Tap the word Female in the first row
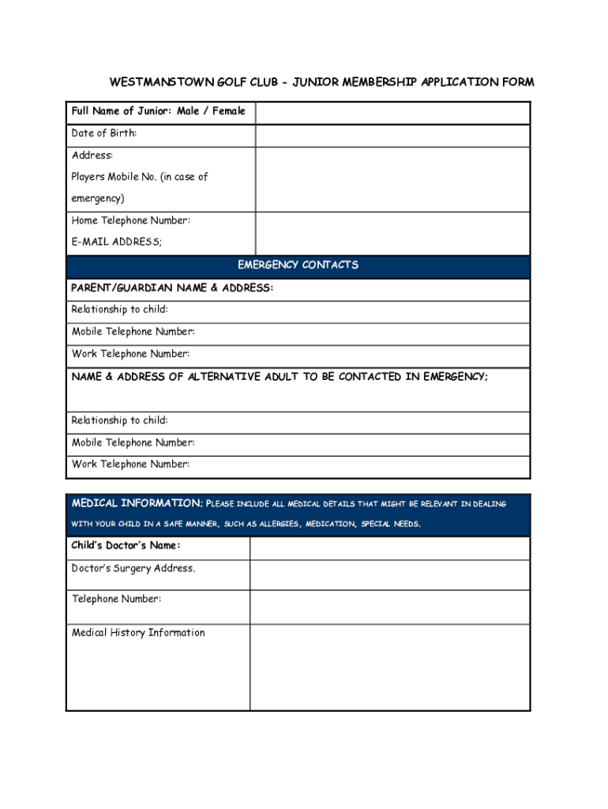[228, 111]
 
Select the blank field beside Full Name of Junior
[392, 113]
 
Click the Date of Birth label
[104, 134]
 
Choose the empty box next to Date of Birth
[392, 136]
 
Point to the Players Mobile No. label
[140, 177]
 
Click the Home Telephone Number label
[130, 220]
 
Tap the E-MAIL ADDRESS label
[117, 243]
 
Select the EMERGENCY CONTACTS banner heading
[298, 265]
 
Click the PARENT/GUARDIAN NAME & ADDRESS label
[172, 288]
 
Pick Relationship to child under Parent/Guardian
[119, 310]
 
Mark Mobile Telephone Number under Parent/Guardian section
[133, 332]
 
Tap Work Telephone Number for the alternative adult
[130, 465]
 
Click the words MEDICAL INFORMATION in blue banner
[137, 504]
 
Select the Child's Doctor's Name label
[126, 546]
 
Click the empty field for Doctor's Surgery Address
[389, 575]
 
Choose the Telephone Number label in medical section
[117, 599]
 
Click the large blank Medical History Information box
[389, 668]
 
